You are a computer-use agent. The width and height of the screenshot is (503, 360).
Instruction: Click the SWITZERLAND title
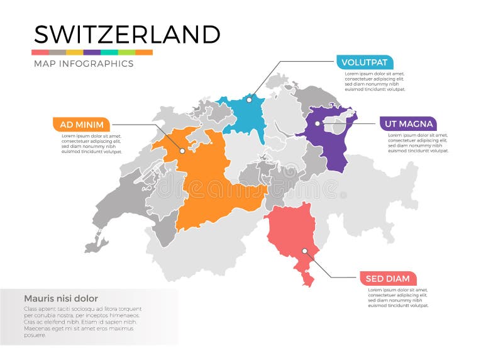[126, 34]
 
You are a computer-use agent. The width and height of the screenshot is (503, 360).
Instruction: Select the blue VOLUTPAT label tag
[365, 62]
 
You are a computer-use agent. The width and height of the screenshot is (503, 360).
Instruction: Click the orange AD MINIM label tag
[81, 124]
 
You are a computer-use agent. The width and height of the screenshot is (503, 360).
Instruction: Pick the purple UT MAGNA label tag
[408, 124]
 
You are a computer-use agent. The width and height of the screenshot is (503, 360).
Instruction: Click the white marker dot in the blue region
[249, 99]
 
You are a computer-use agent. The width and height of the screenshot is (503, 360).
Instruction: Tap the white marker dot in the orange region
[182, 150]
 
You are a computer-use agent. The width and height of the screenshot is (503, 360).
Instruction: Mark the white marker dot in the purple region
[317, 124]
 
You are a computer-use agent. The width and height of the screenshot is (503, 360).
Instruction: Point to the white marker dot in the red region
[304, 250]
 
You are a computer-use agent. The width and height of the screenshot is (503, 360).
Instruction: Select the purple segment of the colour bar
[92, 52]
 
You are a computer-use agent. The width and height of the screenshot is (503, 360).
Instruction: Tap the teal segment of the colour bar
[109, 52]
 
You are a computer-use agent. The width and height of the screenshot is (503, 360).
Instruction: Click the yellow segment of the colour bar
[75, 52]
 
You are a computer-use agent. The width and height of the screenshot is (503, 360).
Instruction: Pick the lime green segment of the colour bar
[126, 52]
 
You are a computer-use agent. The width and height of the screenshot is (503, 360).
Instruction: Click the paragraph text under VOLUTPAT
[375, 81]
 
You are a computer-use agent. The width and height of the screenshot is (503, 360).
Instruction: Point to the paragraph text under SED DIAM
[398, 298]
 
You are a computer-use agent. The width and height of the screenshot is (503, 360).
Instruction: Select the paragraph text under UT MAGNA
[417, 143]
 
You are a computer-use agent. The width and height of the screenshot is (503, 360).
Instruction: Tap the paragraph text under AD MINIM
[91, 143]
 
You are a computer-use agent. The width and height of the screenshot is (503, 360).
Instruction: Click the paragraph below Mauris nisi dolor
[82, 322]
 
